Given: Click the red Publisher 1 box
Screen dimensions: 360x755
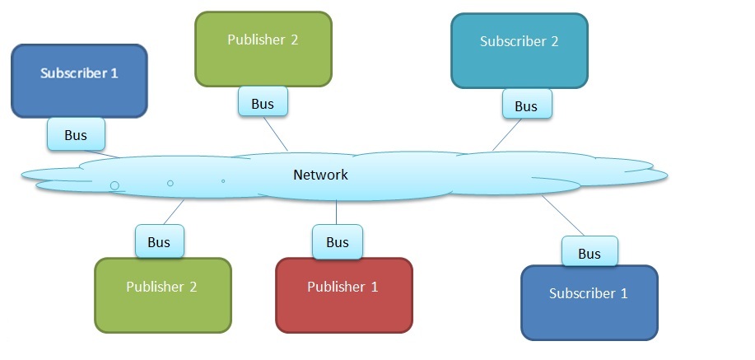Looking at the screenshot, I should (343, 295).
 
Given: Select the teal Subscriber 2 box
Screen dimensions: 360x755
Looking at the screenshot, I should (520, 49).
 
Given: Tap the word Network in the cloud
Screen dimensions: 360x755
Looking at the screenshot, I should (320, 175).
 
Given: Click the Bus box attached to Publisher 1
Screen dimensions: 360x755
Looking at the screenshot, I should (337, 242).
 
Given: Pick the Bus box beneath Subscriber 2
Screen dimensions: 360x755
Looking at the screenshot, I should (526, 105).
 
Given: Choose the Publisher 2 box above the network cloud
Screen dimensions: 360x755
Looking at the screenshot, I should (263, 48).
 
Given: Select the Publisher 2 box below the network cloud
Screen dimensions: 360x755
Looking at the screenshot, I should (162, 295).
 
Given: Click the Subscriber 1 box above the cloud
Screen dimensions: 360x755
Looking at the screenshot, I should (79, 80).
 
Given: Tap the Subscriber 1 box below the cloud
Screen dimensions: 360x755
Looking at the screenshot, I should (590, 302).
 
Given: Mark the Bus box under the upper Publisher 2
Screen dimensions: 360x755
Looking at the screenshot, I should (263, 104).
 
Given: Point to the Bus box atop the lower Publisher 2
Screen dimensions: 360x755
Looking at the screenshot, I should (159, 242).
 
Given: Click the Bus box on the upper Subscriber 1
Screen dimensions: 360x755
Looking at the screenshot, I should (76, 135).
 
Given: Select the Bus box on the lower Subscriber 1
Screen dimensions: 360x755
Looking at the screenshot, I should (590, 253).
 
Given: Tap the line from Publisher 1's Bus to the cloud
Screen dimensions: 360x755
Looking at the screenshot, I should (337, 213).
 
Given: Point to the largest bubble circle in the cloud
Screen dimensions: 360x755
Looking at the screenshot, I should (114, 185).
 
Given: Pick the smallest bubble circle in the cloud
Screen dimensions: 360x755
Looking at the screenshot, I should (223, 180).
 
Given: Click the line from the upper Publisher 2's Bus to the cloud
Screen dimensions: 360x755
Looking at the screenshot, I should (277, 134).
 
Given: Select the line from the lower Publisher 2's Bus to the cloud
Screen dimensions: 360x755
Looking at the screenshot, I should (173, 213).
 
